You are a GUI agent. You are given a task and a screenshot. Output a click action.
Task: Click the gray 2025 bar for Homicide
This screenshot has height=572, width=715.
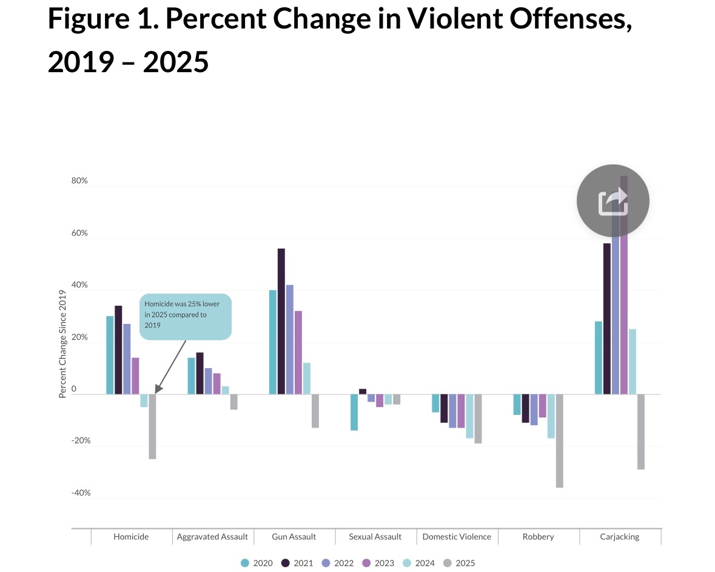152,426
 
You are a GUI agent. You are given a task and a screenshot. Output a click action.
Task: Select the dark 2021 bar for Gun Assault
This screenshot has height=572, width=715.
281,321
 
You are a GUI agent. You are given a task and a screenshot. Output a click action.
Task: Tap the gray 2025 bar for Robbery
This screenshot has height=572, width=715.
559,440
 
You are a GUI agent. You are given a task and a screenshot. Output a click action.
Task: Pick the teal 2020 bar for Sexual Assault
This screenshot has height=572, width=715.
354,412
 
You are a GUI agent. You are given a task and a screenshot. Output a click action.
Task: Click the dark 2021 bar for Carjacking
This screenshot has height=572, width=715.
607,318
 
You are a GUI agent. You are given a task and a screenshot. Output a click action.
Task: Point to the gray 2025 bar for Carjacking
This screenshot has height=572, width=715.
641,431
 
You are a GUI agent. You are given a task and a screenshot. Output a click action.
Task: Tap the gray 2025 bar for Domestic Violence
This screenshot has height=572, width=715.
478,419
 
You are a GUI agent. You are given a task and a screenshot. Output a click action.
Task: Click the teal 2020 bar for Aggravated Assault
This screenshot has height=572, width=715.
191,375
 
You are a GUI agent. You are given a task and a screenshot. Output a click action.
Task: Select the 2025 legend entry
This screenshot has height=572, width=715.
459,563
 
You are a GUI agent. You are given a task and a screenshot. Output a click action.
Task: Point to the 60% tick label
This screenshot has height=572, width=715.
79,233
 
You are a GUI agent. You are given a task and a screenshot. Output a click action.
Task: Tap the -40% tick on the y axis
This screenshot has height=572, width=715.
81,493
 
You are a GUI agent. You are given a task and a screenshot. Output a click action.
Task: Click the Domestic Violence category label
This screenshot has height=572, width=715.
457,537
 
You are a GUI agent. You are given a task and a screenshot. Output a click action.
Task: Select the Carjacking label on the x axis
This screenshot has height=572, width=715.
620,537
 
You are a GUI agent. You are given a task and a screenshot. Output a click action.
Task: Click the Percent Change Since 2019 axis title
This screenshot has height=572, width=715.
62,345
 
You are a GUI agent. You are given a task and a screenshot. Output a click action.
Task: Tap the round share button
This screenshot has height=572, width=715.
613,201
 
